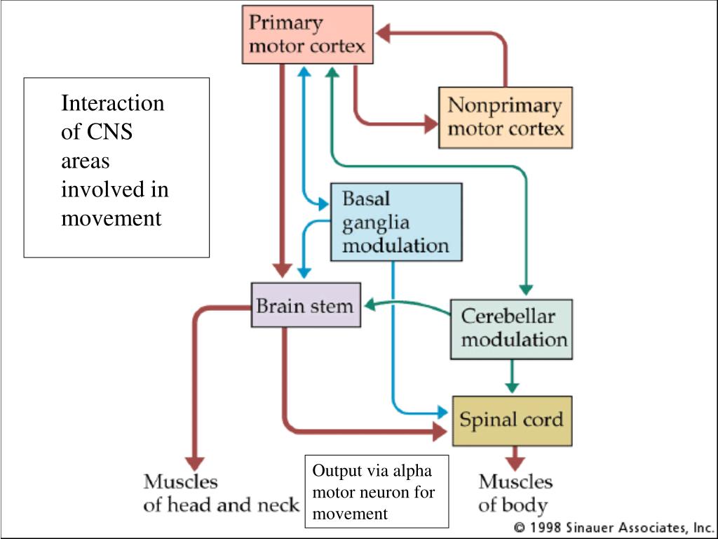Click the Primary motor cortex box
[307, 34]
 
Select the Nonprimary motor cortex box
[506, 117]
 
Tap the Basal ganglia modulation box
[396, 222]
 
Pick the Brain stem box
[306, 305]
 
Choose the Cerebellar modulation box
[511, 329]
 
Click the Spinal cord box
[512, 421]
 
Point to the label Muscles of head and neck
[221, 493]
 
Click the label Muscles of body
[515, 493]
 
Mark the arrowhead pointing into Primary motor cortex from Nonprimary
[383, 33]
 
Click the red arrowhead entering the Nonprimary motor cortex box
[431, 124]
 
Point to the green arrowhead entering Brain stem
[370, 304]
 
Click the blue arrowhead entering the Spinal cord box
[442, 411]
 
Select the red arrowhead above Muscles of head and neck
[195, 464]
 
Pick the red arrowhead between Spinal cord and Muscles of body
[515, 463]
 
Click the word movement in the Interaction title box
[111, 219]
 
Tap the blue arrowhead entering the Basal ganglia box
[323, 204]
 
